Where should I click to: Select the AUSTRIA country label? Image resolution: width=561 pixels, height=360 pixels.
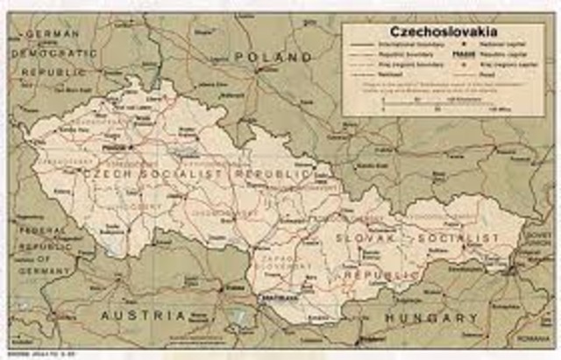143,313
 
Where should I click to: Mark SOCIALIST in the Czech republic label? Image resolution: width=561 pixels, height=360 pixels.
188,175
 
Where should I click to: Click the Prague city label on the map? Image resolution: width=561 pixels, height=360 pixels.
113,148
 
